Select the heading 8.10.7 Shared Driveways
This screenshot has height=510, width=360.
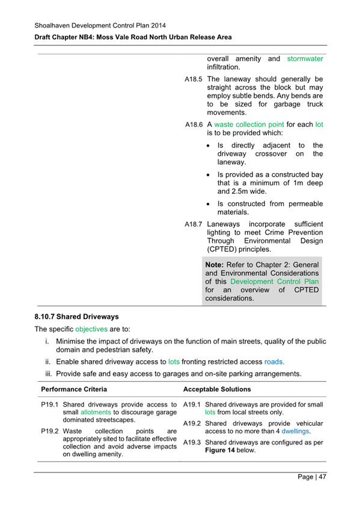click(x=77, y=316)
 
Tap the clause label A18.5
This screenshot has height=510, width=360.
click(x=194, y=79)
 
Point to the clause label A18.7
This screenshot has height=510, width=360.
click(x=194, y=224)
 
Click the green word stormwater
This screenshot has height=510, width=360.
click(x=305, y=58)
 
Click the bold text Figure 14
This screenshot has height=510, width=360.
click(x=222, y=450)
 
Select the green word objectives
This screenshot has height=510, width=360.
click(x=92, y=330)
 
